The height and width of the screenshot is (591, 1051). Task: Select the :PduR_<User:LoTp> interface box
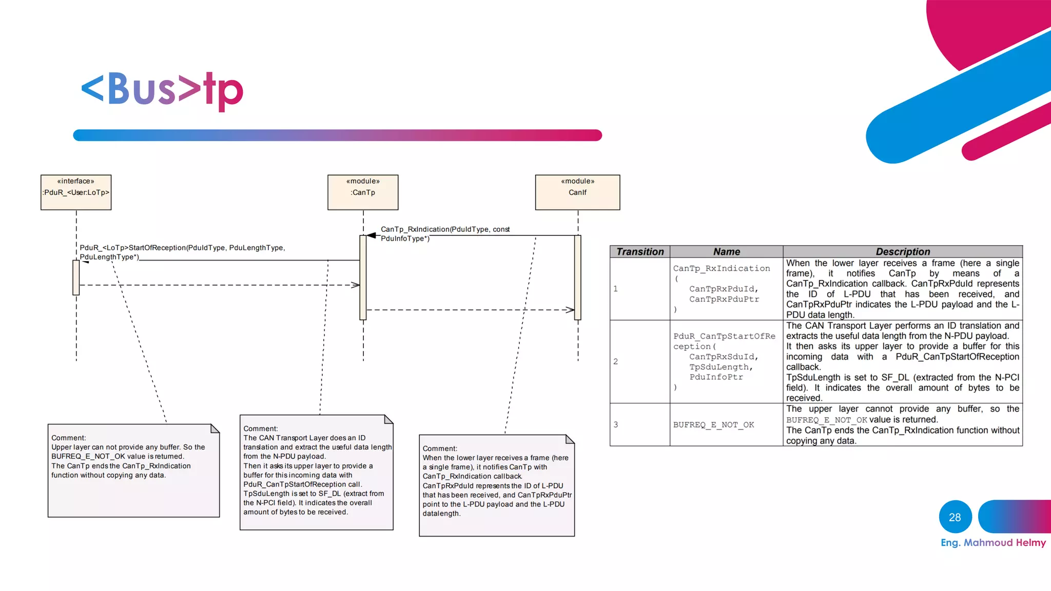76,192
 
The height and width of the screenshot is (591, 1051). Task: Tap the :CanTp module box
363,192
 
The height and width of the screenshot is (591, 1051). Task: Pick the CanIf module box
577,192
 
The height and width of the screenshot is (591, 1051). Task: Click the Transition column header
639,251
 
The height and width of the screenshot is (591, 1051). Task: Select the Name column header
726,251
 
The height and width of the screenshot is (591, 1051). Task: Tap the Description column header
902,251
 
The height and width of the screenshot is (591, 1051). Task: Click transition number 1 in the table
615,289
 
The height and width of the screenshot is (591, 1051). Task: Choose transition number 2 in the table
615,362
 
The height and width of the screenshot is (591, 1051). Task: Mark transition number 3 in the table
615,425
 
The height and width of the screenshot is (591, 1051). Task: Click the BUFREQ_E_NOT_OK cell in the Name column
713,425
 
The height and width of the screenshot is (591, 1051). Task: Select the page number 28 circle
955,517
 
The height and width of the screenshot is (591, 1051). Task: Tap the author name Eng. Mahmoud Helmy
993,543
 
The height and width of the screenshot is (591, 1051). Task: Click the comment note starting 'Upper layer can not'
133,470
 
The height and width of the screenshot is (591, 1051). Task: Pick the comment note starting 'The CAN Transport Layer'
316,472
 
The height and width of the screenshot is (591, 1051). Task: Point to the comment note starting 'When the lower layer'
496,485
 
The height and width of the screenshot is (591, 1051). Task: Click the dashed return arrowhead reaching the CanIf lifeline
571,310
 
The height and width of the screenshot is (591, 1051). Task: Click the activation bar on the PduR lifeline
76,278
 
